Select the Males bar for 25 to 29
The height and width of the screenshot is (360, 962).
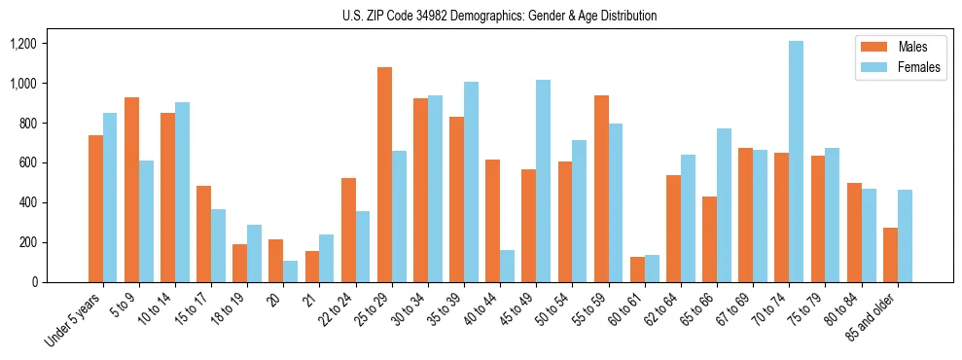(x=384, y=175)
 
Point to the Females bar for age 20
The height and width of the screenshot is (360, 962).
(x=290, y=271)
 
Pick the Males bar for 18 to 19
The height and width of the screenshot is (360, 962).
(x=239, y=263)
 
